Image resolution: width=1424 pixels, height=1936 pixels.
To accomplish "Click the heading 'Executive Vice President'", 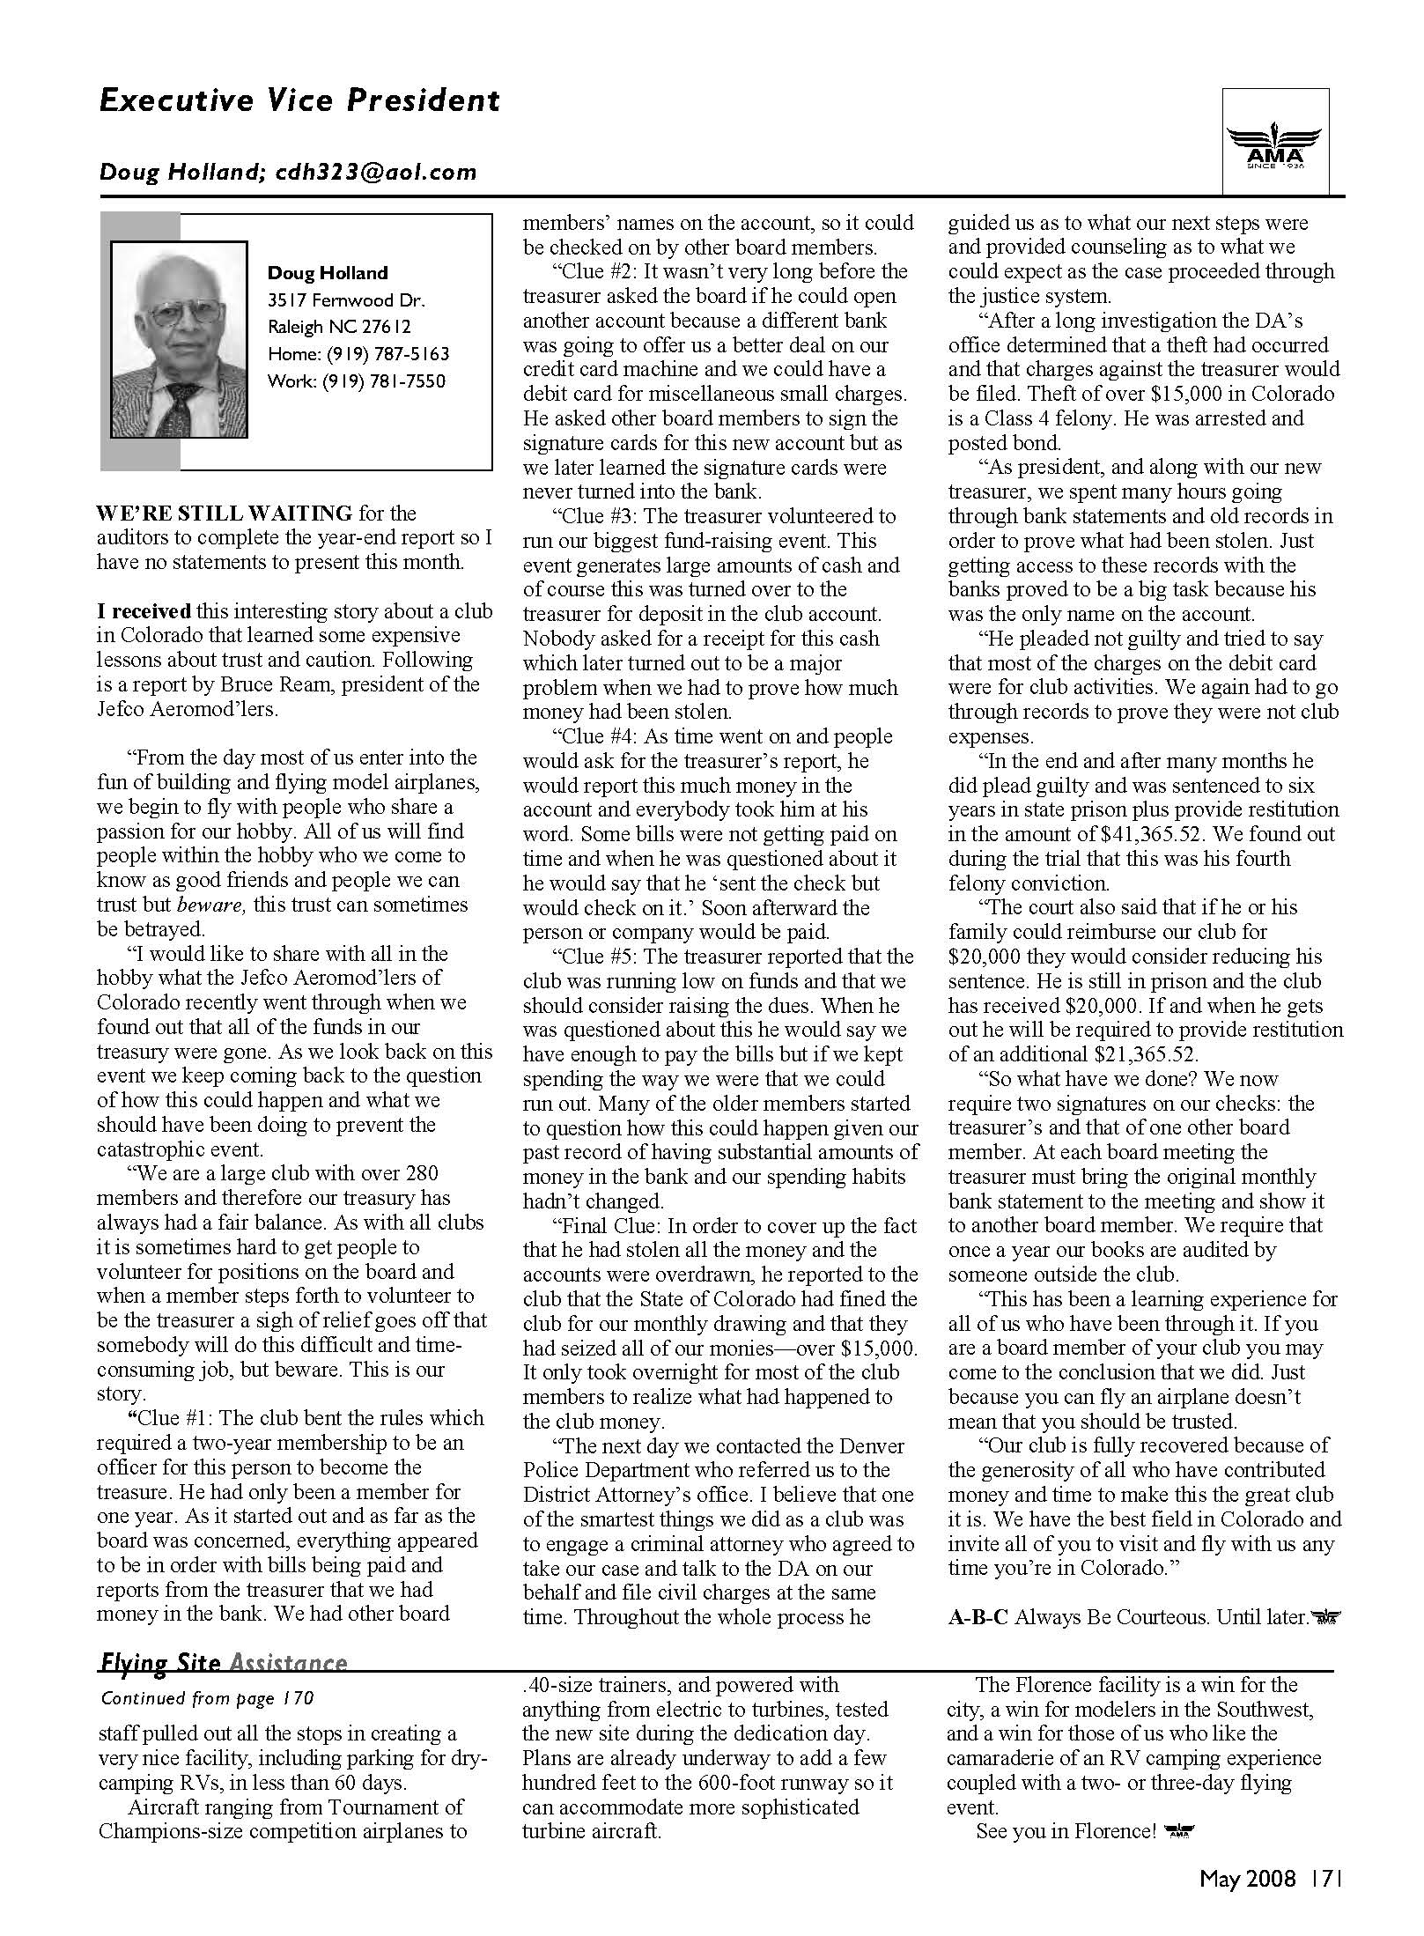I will point(299,100).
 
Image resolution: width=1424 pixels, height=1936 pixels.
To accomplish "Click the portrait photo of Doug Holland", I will point(179,339).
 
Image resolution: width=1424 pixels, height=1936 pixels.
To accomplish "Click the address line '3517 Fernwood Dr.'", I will point(334,299).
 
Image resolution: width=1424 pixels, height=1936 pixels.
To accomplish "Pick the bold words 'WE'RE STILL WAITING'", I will point(225,513).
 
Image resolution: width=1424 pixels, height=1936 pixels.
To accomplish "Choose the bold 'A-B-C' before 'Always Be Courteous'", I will point(978,1616).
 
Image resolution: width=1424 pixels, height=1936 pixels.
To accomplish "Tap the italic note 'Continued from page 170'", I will point(207,1697).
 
